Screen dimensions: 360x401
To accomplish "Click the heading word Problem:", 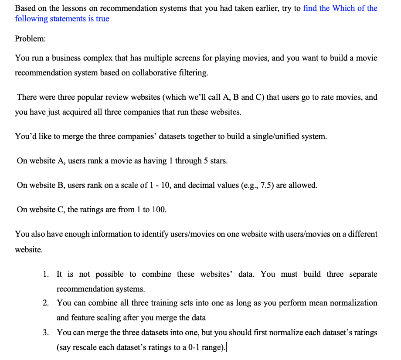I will pos(30,38).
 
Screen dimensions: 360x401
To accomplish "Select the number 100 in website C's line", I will pos(159,210).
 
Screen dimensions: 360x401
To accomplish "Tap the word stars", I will pos(217,161).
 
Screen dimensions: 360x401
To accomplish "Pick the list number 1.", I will pos(46,274).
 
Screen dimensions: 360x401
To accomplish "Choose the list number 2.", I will pos(46,302).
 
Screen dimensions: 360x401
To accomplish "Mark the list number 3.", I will pos(46,333).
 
